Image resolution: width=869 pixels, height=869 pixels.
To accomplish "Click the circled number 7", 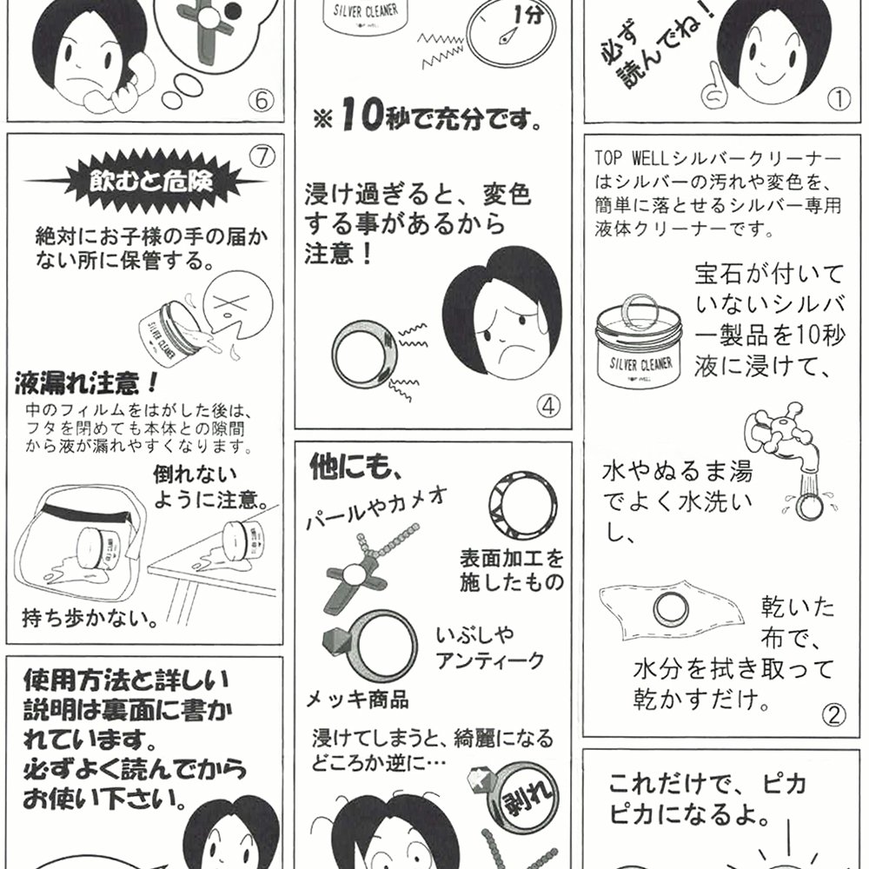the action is [262, 156].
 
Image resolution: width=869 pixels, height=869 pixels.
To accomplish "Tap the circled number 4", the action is [548, 406].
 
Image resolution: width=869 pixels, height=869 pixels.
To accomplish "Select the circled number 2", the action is [833, 715].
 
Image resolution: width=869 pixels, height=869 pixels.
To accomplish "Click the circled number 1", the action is [839, 99].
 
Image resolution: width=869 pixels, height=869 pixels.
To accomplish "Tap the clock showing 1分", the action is [511, 35].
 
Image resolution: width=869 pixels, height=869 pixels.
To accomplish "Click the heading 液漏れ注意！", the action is [86, 383].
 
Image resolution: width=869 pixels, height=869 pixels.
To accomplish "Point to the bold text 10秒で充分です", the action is [428, 117].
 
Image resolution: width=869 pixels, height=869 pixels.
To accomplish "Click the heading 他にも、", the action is [355, 468].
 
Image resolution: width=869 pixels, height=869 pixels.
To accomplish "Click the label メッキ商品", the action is [357, 700].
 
